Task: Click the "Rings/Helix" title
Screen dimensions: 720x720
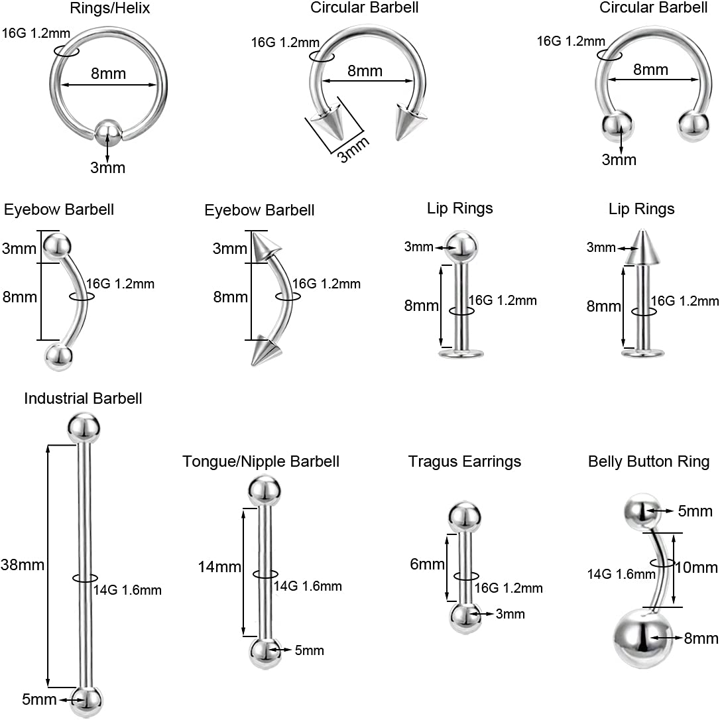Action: [x=110, y=8]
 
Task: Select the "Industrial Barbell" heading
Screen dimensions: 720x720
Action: [x=83, y=398]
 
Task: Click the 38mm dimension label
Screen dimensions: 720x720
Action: [x=23, y=564]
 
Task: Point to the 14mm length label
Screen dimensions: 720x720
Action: [x=219, y=567]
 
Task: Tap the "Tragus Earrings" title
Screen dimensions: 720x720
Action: [x=465, y=461]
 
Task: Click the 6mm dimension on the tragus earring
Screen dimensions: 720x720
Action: [x=427, y=564]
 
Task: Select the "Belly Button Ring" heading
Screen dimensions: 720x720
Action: [x=649, y=461]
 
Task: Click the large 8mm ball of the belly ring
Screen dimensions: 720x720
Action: [x=640, y=638]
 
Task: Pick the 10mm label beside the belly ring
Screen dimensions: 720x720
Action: [x=696, y=568]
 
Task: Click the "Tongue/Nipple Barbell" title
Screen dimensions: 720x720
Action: [x=261, y=461]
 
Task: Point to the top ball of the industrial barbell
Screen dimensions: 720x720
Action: [x=84, y=428]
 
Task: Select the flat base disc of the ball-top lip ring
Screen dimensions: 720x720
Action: [x=461, y=353]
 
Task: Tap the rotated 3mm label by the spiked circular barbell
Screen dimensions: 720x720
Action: [x=353, y=150]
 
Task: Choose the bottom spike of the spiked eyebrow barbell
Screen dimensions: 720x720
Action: [x=265, y=351]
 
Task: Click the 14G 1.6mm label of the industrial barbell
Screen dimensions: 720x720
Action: [x=128, y=590]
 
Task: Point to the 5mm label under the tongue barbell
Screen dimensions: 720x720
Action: [x=310, y=650]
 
